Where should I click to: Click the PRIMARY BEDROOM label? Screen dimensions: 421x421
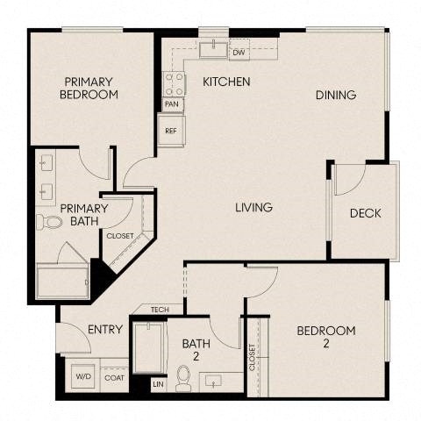tap(89, 88)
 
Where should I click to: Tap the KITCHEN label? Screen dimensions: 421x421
tap(226, 82)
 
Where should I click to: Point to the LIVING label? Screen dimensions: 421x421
tap(253, 208)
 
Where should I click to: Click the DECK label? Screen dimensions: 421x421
tap(364, 213)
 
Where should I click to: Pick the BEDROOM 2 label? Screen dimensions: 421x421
tap(325, 337)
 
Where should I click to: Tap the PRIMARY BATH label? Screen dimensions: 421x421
tap(84, 215)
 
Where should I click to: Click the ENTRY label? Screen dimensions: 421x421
tap(105, 330)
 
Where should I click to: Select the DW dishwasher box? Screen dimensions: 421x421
tap(238, 53)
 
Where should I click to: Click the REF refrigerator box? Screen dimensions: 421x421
tap(171, 130)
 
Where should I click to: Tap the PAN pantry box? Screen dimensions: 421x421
tap(173, 104)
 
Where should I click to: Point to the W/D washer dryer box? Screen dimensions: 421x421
tap(84, 377)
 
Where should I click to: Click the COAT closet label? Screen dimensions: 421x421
tap(114, 377)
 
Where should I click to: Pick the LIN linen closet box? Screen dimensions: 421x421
tap(158, 383)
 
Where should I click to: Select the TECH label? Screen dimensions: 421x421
tap(160, 310)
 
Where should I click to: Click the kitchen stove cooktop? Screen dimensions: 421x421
tap(174, 84)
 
